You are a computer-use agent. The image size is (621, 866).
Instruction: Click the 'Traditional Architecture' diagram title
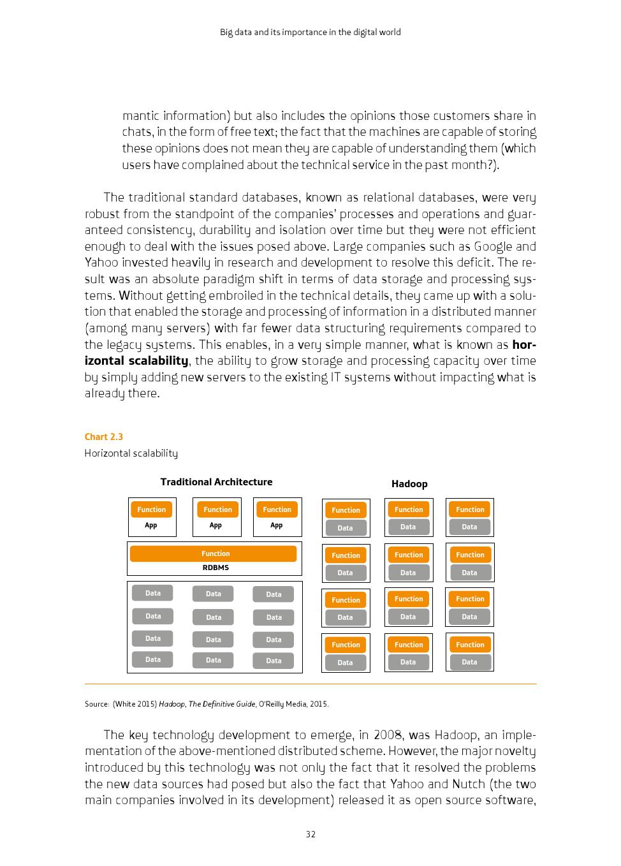coord(216,482)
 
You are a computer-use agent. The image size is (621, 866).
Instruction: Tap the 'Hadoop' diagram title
coord(409,484)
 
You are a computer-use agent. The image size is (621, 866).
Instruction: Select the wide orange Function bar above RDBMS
coord(214,554)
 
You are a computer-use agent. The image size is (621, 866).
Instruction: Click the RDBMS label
coord(216,568)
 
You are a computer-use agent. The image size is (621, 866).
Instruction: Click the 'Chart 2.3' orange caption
coord(104,437)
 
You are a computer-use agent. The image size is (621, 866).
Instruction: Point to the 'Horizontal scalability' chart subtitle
coord(131,453)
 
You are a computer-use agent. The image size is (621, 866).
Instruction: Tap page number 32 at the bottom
coord(310,834)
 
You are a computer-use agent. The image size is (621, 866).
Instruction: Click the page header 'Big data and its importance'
coord(310,32)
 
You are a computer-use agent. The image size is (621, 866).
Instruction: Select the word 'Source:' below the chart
coord(97,704)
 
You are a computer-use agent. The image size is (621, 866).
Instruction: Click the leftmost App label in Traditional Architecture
coord(151,525)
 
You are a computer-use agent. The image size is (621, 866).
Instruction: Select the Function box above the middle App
coord(218,510)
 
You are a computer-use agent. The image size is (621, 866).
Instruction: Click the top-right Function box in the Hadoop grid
coord(470,510)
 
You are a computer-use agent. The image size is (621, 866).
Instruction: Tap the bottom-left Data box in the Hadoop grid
coord(346,663)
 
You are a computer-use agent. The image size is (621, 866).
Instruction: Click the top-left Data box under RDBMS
coord(153,593)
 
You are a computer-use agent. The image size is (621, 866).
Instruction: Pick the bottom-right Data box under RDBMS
coord(274,661)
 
